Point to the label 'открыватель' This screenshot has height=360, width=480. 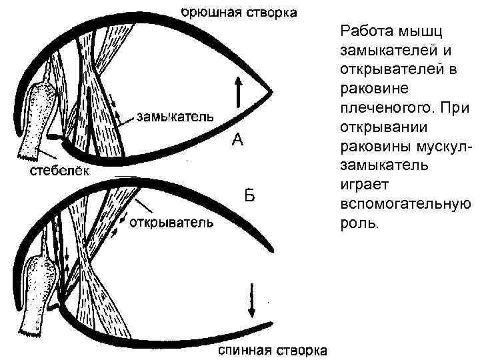click(171, 222)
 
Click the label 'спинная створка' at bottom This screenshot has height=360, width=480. click(273, 350)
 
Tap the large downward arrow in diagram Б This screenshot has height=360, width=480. click(252, 300)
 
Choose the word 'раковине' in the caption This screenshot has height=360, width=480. click(369, 88)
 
